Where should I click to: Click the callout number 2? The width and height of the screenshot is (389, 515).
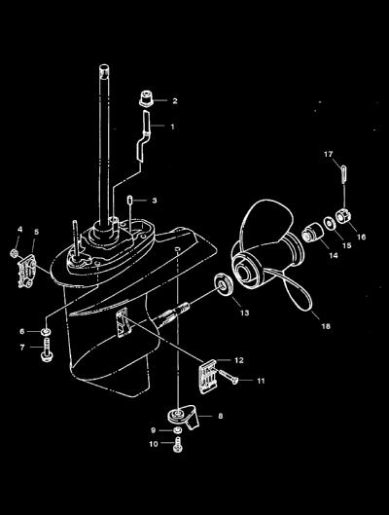tap(175, 101)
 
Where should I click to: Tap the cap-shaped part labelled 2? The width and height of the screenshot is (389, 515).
tap(147, 99)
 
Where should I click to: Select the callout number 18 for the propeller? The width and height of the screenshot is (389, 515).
tap(326, 326)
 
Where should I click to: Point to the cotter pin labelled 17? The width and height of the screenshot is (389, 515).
tap(343, 175)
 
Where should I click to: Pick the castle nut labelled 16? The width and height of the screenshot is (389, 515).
tap(343, 215)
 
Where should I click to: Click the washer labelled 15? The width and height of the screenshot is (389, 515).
tap(329, 223)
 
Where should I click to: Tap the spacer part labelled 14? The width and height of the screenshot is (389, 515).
tap(312, 233)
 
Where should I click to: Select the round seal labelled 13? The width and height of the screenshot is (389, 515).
tap(224, 283)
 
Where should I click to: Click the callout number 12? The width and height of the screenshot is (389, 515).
tap(239, 360)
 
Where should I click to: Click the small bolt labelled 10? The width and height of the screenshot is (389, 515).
tap(178, 445)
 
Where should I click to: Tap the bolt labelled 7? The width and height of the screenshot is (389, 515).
tap(47, 349)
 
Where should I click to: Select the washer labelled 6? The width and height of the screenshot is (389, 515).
tap(46, 331)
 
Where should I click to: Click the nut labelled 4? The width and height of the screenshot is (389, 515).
tap(15, 253)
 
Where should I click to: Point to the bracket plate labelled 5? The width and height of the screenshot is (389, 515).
tap(26, 271)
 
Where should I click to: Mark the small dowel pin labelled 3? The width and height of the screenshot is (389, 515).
tap(130, 200)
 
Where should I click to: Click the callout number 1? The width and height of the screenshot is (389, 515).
tap(172, 127)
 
